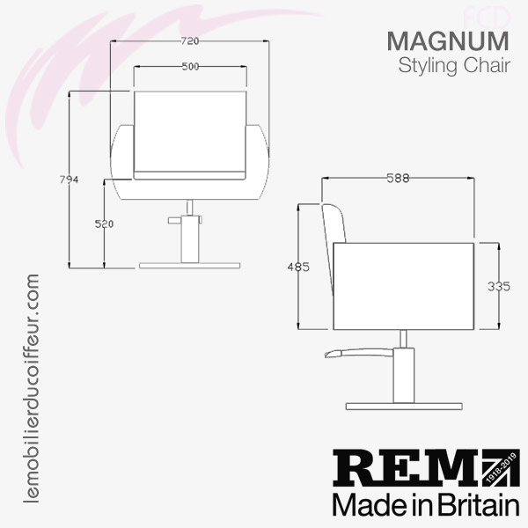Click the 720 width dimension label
click(x=190, y=41)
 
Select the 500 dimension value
click(x=190, y=67)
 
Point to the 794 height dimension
click(x=69, y=180)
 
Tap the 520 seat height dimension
click(x=104, y=224)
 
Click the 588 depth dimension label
click(x=398, y=178)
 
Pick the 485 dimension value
click(x=298, y=267)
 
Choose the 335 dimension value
click(x=499, y=287)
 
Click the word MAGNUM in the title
click(x=448, y=41)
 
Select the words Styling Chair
click(x=454, y=66)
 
